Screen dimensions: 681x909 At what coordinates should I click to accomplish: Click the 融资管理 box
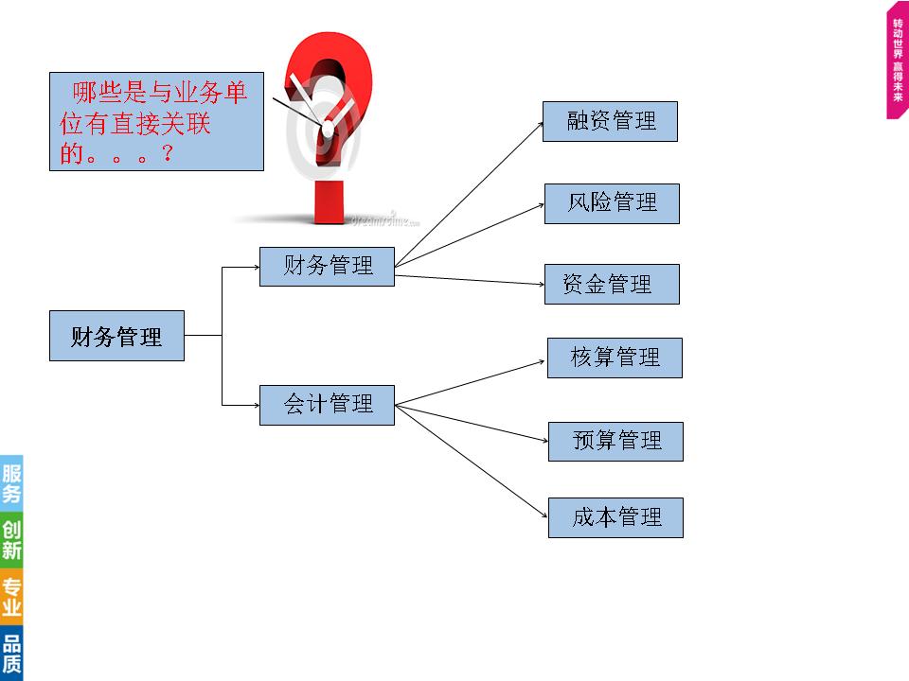coord(610,122)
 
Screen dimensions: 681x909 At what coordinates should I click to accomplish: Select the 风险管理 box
coord(612,203)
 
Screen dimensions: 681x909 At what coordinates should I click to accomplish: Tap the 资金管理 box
coord(612,284)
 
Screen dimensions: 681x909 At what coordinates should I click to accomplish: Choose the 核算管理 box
coord(615,358)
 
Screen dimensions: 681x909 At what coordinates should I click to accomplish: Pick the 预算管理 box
coord(615,441)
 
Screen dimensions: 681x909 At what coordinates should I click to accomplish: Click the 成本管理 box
coord(615,517)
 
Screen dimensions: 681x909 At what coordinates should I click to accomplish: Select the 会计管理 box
coord(327,405)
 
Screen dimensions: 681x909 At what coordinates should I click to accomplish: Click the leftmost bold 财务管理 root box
coord(116,336)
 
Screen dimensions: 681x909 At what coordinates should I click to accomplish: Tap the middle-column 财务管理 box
coord(327,266)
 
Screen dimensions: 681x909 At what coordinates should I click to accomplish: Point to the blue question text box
coord(156,123)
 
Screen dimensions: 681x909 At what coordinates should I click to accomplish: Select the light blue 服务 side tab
coord(11,482)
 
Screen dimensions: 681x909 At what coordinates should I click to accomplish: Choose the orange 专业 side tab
coord(11,597)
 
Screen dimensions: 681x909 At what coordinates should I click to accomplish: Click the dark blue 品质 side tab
coord(11,654)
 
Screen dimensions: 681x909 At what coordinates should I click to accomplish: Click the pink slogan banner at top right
coord(897,66)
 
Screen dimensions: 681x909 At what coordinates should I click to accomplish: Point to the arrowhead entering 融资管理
coord(538,123)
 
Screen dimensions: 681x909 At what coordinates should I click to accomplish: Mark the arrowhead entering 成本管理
coord(544,515)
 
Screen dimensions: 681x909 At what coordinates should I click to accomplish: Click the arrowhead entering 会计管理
coord(255,405)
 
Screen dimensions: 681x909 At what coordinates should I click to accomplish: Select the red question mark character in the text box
coord(167,153)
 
